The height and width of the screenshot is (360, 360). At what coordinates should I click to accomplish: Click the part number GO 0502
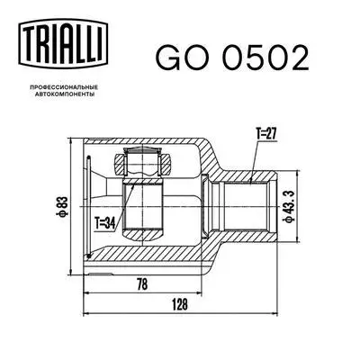(231, 58)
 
